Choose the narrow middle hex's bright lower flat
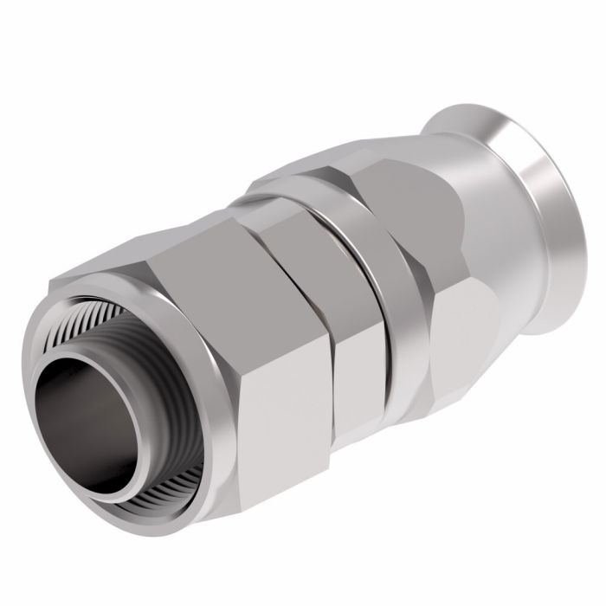355,364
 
